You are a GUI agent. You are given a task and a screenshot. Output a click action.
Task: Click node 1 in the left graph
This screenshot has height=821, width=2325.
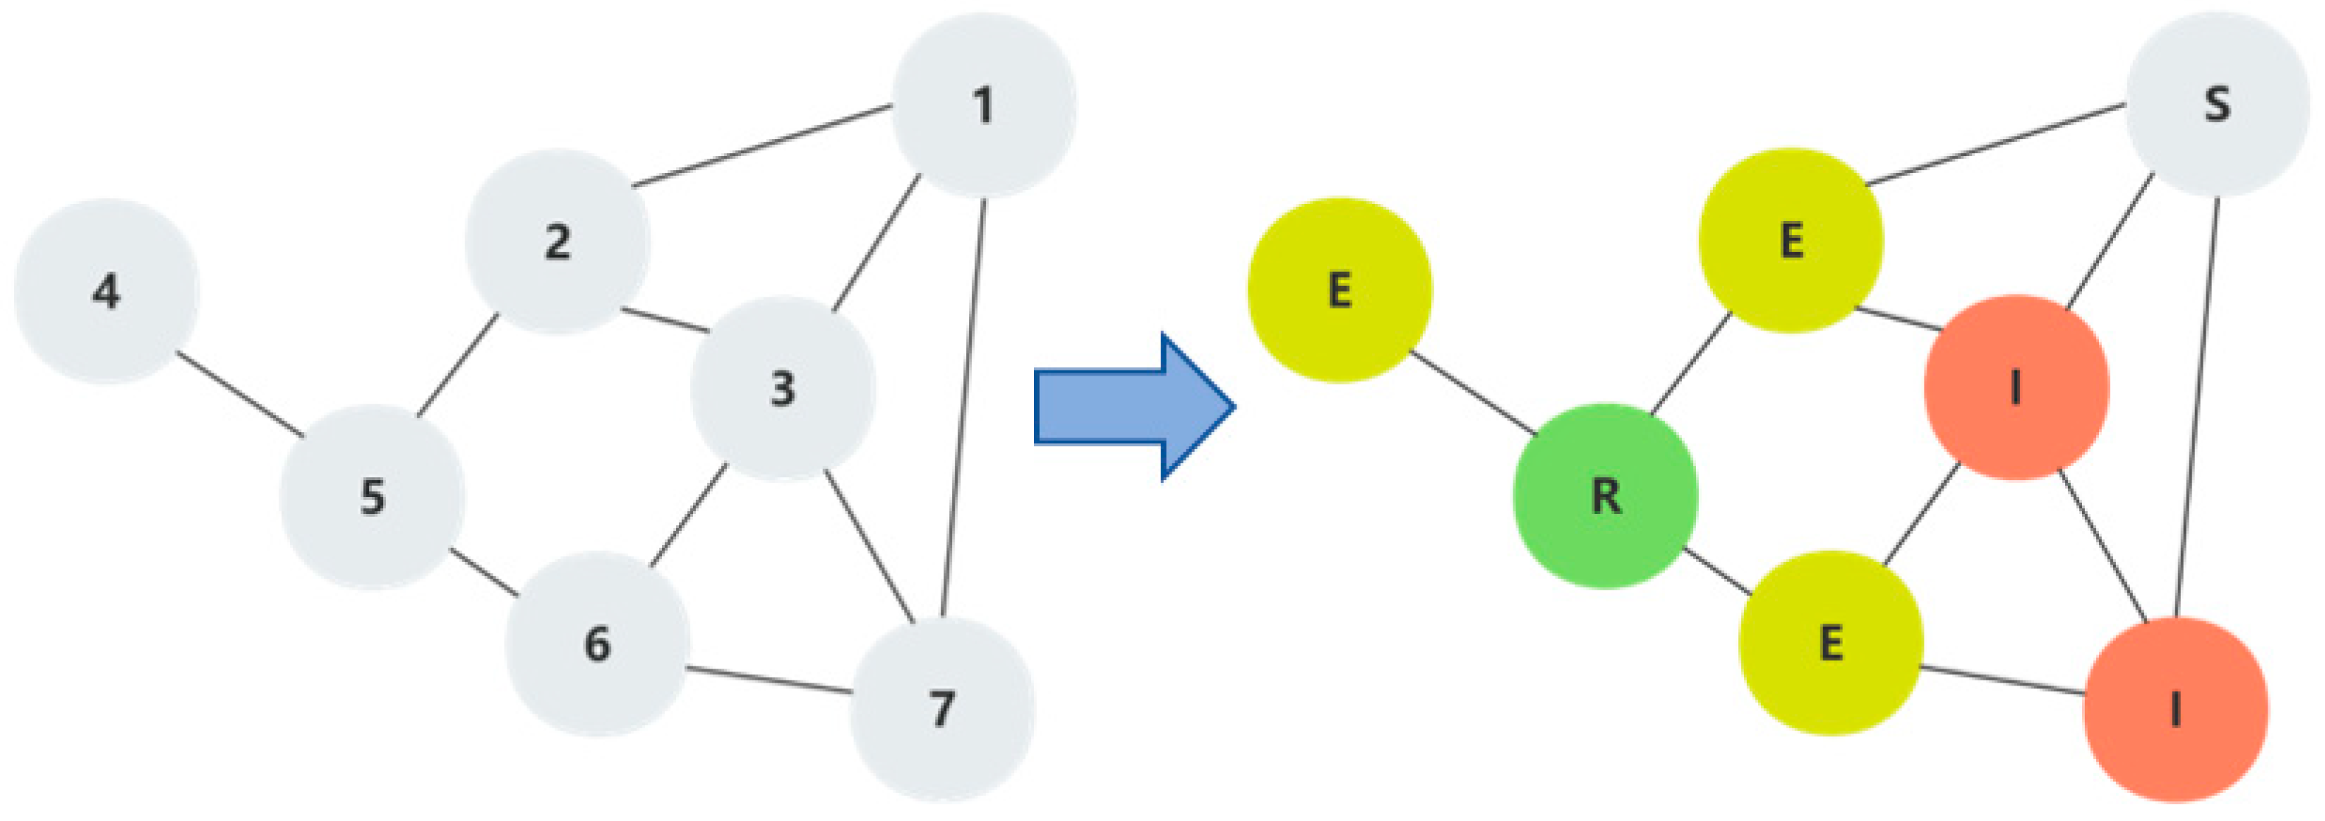[x=984, y=105]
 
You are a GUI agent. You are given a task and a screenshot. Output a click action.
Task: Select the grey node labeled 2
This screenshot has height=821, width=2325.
[x=557, y=242]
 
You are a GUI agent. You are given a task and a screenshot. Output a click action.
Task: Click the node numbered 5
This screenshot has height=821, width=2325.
[x=372, y=497]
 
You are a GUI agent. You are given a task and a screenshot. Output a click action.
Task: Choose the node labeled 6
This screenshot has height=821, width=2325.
[x=597, y=644]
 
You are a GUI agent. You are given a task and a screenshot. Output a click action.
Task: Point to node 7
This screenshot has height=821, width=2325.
[x=942, y=709]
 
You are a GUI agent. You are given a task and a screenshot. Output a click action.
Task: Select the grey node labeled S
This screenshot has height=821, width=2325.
[x=2217, y=105]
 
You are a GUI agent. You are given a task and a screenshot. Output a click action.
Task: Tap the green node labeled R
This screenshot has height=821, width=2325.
[x=1605, y=496]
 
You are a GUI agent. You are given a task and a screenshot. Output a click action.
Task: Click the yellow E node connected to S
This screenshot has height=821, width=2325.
[x=1790, y=241]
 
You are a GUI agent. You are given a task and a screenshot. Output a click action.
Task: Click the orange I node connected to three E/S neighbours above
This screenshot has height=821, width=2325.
[x=2016, y=388]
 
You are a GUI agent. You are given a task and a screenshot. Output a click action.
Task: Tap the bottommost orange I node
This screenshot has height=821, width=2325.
[x=2175, y=710]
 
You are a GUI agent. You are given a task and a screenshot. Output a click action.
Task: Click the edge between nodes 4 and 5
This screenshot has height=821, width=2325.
[x=240, y=394]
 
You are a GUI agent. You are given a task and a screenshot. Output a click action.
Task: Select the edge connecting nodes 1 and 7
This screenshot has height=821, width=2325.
[x=964, y=406]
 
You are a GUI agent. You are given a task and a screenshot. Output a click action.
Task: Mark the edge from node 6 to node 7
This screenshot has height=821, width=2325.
[x=767, y=681]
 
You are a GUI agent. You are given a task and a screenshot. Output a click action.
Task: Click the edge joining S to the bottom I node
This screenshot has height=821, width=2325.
[x=2198, y=406]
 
